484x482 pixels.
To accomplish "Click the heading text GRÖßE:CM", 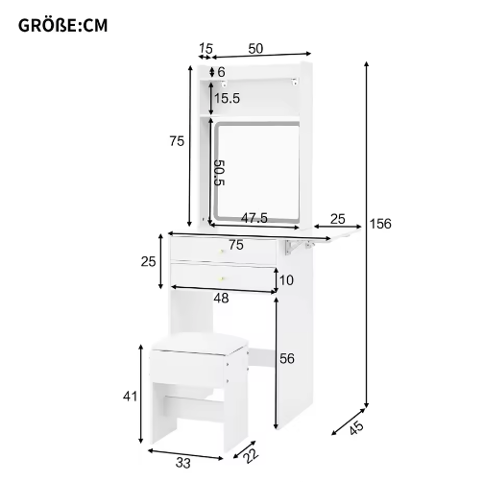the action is coord(62,26).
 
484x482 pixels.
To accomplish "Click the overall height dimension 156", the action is coord(380,224).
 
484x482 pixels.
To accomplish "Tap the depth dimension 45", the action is coord(356,428).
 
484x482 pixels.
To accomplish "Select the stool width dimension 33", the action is coord(183,463).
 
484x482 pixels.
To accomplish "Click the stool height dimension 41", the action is coord(130,397).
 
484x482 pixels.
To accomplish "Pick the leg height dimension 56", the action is coord(287,359).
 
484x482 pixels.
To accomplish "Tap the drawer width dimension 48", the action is coord(221,299).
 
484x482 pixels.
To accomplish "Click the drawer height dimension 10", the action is coord(286,280).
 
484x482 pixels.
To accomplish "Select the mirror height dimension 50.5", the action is coord(220,173).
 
